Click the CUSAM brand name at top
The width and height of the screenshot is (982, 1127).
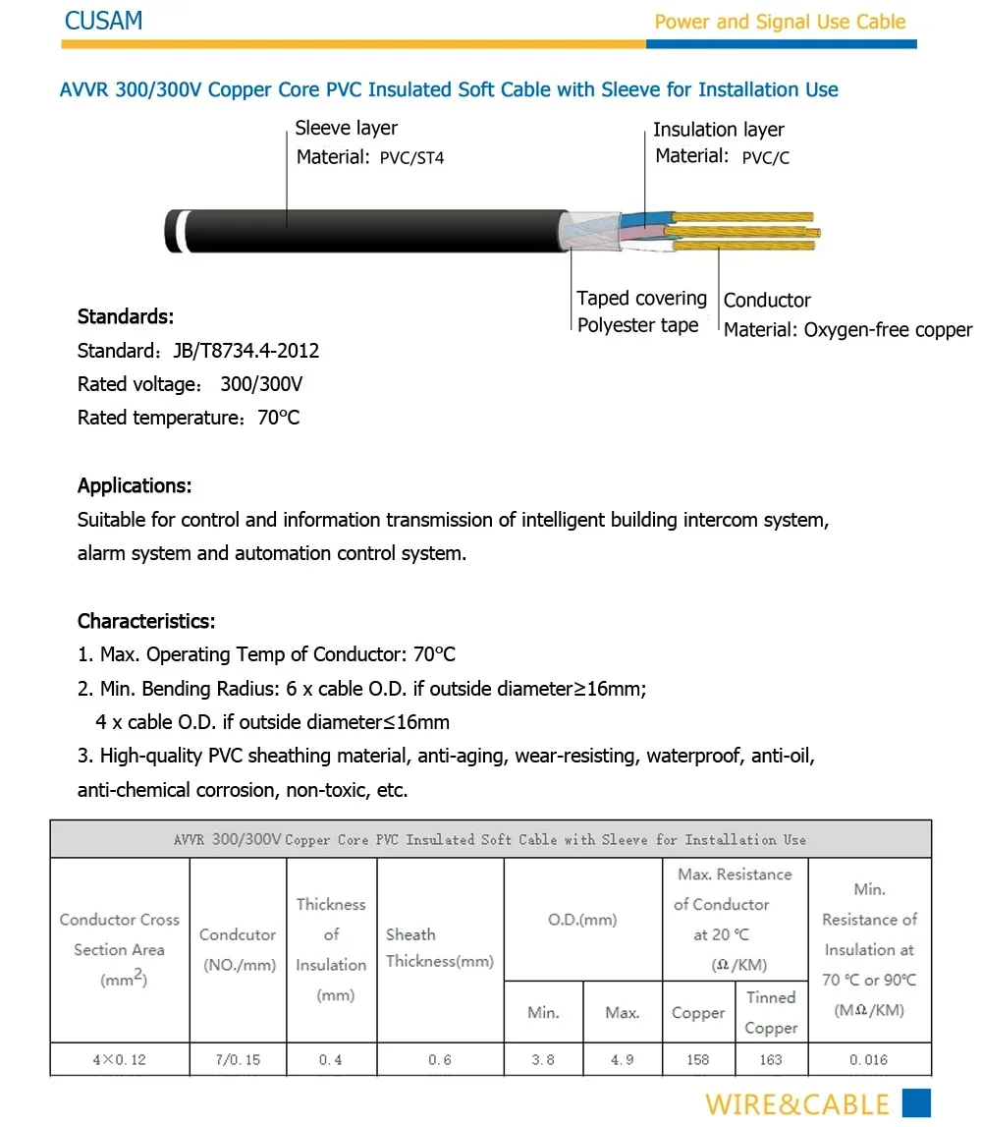click(x=103, y=21)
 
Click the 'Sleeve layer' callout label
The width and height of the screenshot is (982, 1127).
click(x=346, y=128)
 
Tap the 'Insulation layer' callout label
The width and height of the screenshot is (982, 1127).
click(x=718, y=130)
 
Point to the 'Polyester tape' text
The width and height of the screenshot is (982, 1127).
click(x=637, y=325)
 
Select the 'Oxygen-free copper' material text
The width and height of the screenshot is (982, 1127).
click(x=888, y=330)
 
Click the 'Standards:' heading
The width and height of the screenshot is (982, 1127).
click(x=126, y=317)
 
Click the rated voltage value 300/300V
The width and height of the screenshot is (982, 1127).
click(x=261, y=384)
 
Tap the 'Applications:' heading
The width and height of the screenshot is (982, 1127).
click(x=135, y=485)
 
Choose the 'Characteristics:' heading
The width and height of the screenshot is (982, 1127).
click(x=146, y=621)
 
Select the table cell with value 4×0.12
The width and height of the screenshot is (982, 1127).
click(x=119, y=1060)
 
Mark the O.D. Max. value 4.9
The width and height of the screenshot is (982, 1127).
click(x=622, y=1060)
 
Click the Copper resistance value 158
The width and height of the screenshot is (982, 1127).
click(x=698, y=1060)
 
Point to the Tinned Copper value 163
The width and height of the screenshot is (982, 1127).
click(x=771, y=1060)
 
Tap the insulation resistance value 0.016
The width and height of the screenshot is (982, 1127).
click(x=869, y=1060)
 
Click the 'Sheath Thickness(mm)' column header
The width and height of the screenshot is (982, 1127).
click(x=439, y=948)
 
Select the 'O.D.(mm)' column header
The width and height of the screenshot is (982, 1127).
click(x=582, y=920)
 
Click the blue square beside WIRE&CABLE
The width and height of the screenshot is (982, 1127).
click(x=915, y=1103)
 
